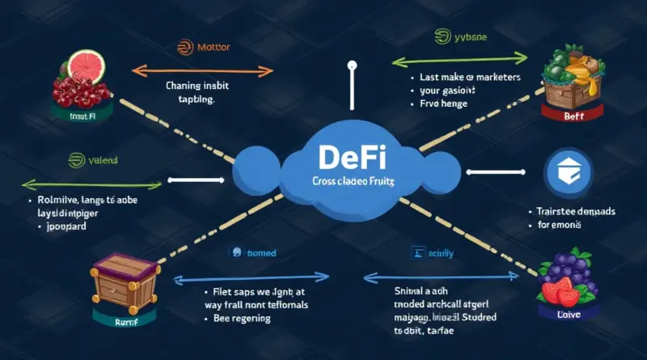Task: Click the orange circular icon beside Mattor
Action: point(184,48)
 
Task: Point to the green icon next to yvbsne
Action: point(442,36)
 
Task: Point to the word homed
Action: point(260,253)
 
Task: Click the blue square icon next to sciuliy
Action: point(418,252)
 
